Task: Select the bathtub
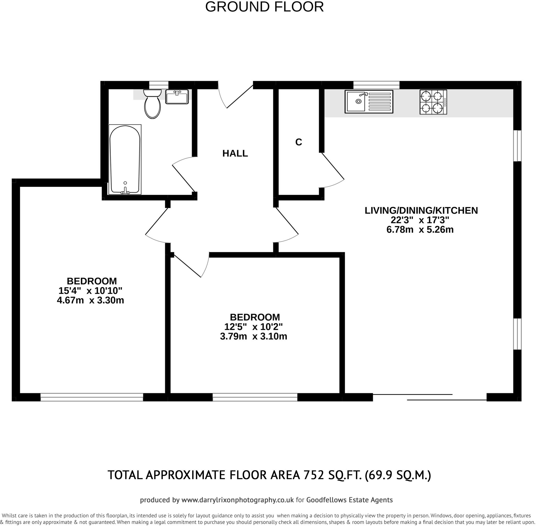125,159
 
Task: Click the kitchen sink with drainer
369,101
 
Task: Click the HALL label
235,153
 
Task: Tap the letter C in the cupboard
298,142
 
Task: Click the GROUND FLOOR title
264,7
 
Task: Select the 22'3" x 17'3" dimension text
420,220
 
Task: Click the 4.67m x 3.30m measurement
90,300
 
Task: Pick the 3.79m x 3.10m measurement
253,337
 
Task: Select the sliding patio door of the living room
430,397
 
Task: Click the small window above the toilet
159,85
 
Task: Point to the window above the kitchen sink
376,85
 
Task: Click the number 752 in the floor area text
314,475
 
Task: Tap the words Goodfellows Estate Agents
349,500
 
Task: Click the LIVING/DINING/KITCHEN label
421,210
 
